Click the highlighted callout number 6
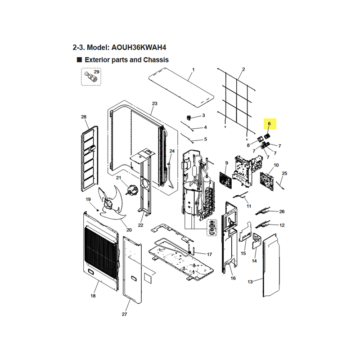pos(269,124)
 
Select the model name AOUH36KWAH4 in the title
pos(139,48)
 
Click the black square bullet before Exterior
pos(79,60)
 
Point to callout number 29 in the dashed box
pos(96,72)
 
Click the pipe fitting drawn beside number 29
pos(91,77)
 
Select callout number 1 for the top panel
pos(193,70)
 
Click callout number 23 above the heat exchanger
pos(155,103)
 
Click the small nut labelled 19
pos(97,210)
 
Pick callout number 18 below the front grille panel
pos(93,296)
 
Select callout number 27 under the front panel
pos(124,314)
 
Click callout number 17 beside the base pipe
pos(209,254)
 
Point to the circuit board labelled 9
pos(225,180)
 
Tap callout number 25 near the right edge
pos(284,173)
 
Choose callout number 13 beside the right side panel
pos(250,282)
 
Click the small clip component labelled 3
pos(189,118)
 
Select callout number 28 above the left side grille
pos(84,117)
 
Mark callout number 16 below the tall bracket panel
pos(233,278)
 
